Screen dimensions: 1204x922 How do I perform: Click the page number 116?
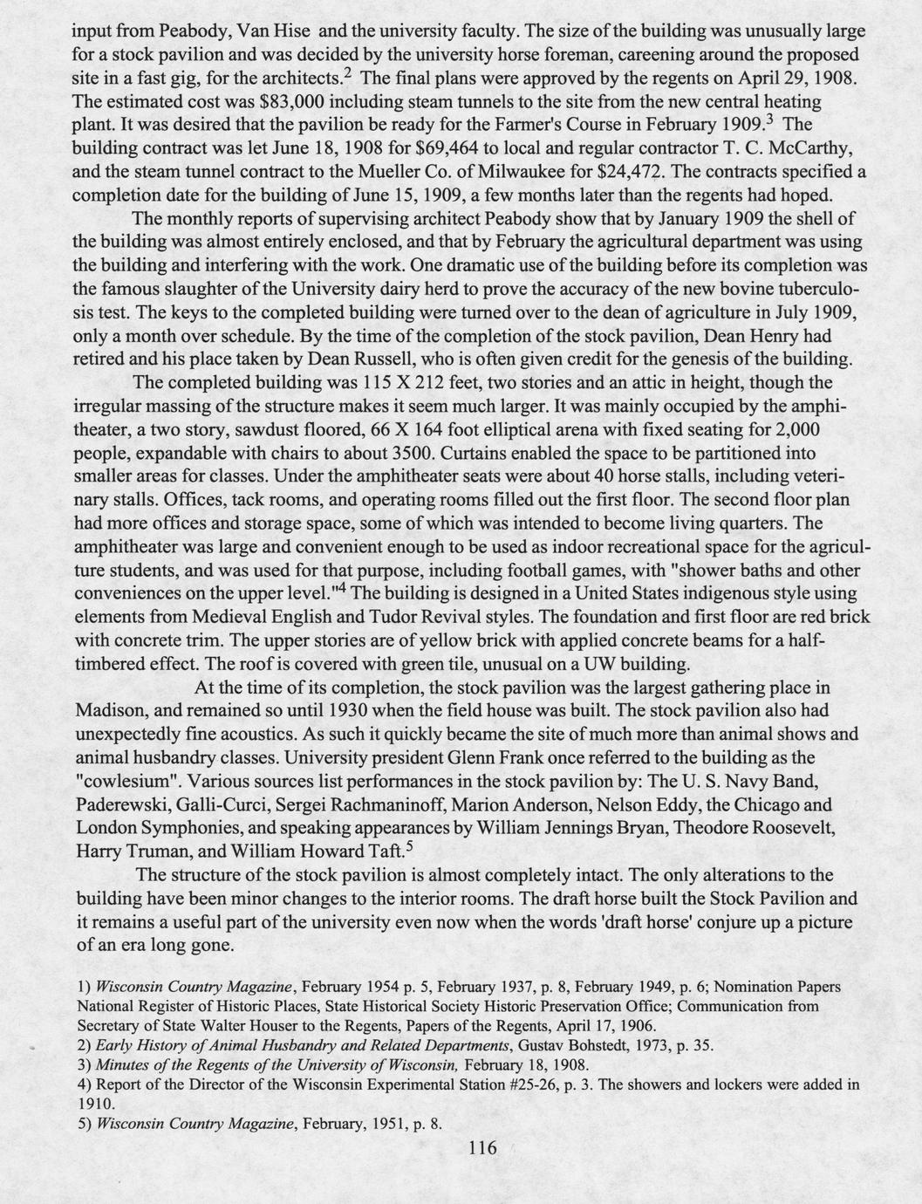click(481, 1147)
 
